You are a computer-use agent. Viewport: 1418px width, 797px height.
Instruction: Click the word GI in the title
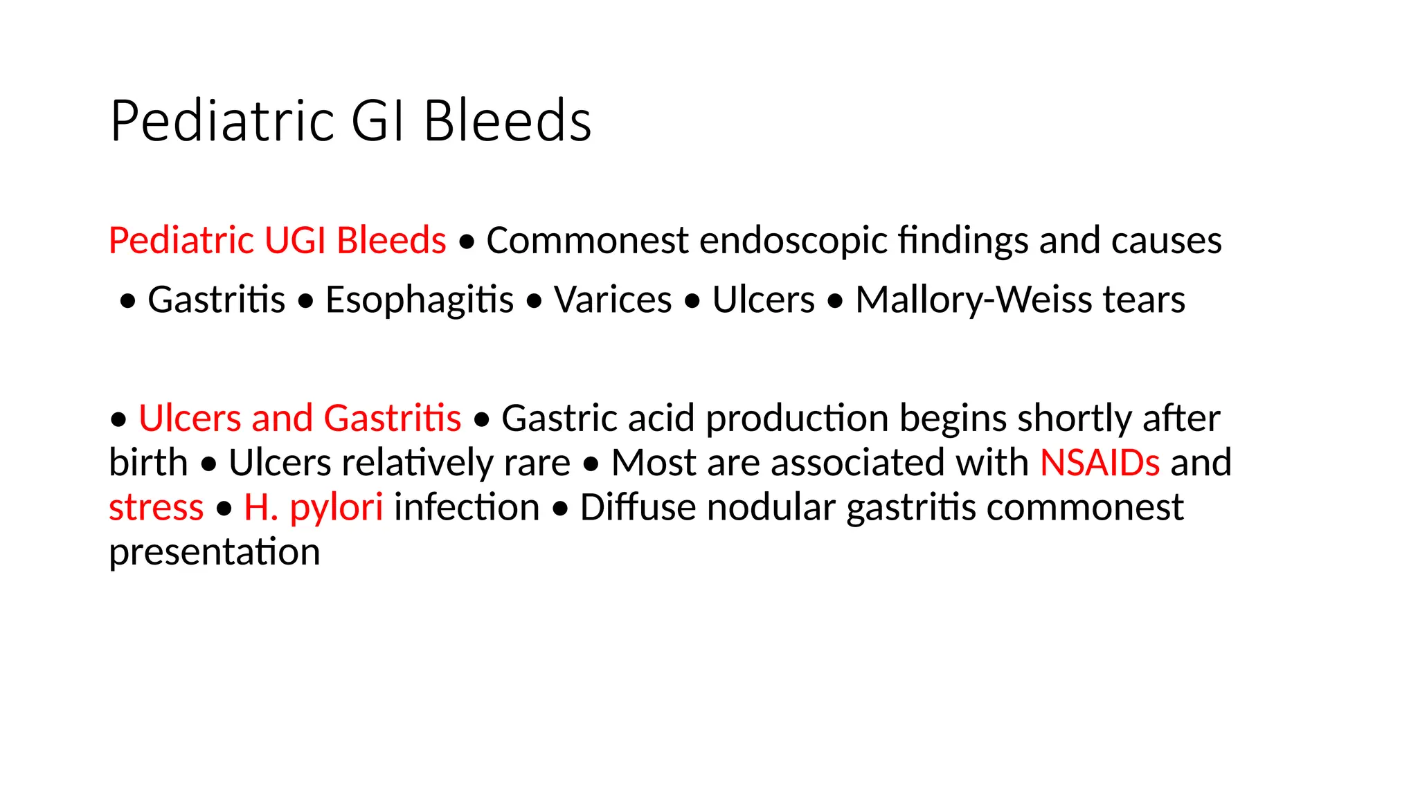pos(378,121)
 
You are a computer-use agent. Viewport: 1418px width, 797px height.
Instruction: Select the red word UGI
pos(295,241)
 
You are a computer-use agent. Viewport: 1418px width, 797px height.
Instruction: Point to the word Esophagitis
pos(420,300)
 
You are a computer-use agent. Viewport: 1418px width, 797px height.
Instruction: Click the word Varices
pos(613,300)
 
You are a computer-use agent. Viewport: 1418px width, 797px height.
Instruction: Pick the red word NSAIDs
pos(1100,462)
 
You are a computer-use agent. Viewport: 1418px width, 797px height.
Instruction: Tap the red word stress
pos(156,507)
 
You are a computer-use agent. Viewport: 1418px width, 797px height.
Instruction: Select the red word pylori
pos(336,509)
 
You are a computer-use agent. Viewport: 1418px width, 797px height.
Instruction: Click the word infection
pos(467,507)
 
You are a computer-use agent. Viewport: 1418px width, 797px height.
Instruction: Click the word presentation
pos(215,552)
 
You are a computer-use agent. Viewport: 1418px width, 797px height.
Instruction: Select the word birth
pos(148,462)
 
